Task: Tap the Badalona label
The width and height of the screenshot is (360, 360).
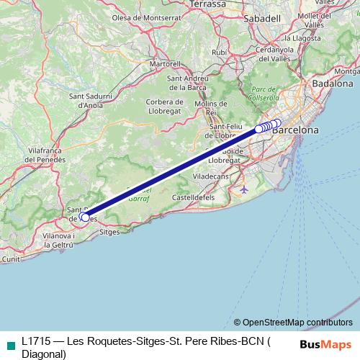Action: [x=333, y=84]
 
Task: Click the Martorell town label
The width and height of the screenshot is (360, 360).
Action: [x=164, y=63]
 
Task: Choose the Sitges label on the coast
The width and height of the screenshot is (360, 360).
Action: [x=109, y=233]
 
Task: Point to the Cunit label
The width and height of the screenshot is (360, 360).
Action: [x=11, y=258]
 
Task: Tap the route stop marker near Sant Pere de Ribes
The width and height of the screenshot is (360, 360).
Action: [x=85, y=217]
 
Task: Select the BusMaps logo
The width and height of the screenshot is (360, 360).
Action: [x=325, y=344]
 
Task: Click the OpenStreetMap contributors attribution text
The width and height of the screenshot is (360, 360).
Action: [x=297, y=323]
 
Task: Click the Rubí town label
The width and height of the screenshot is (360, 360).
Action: [x=220, y=53]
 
